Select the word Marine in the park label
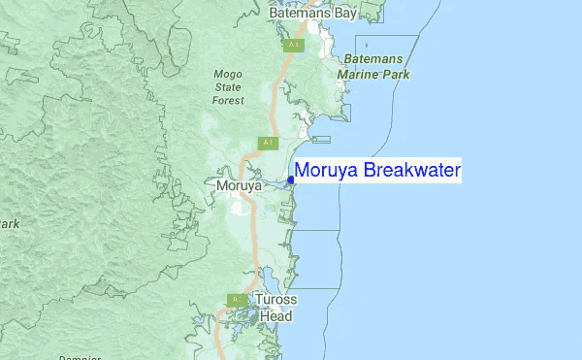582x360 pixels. (x=360, y=74)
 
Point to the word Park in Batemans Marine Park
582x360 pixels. (x=396, y=74)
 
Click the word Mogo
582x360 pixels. (x=228, y=73)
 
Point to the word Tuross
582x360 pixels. (x=276, y=301)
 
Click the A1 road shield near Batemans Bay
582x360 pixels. (x=291, y=45)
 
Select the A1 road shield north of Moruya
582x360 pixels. (x=267, y=143)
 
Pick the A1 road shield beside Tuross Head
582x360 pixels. (x=236, y=300)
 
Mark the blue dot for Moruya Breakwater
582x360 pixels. (x=291, y=180)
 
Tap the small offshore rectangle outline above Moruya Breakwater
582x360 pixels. (x=321, y=140)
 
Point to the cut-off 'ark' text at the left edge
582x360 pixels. (x=10, y=224)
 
